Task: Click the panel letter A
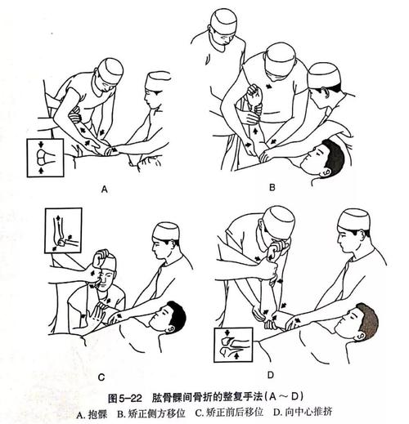[105, 189]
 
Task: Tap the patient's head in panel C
[169, 316]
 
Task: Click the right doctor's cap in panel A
[157, 82]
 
